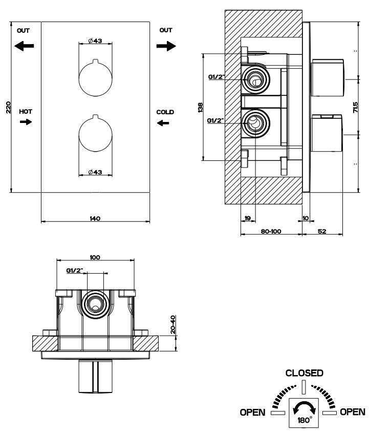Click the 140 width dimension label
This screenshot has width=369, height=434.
click(x=95, y=218)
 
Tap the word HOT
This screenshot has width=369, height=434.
click(x=25, y=111)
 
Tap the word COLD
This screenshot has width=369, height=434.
click(x=165, y=112)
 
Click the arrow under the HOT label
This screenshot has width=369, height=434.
click(x=25, y=122)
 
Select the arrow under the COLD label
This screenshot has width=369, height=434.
click(x=163, y=122)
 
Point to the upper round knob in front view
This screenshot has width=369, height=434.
click(x=95, y=79)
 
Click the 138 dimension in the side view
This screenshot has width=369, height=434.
click(x=200, y=107)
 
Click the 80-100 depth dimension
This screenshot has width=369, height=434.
click(x=271, y=232)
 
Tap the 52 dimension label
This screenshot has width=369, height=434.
click(x=322, y=232)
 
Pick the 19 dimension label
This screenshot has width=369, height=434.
click(x=247, y=218)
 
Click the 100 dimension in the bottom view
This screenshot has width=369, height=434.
click(x=95, y=257)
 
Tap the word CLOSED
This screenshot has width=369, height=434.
click(x=304, y=373)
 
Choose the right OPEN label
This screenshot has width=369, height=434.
click(x=353, y=412)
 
